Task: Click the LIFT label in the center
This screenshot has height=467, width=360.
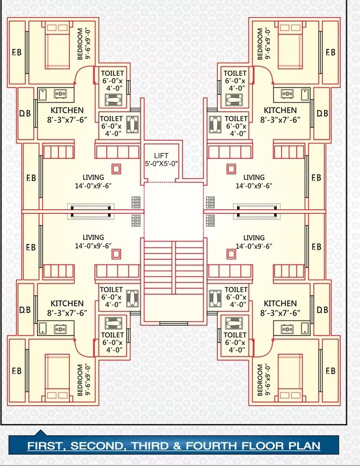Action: tap(161, 156)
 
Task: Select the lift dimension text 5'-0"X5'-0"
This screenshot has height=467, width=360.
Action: tap(161, 164)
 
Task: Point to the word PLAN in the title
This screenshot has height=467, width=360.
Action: tap(303, 446)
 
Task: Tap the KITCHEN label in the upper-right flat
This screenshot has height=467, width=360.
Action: tap(280, 111)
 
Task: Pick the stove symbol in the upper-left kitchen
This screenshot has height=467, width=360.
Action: tap(59, 94)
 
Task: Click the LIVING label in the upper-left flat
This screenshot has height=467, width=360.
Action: tap(93, 177)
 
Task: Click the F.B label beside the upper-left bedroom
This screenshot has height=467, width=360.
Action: tap(17, 53)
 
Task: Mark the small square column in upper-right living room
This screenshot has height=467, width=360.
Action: tap(231, 169)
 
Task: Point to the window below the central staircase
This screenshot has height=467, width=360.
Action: tap(170, 323)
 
